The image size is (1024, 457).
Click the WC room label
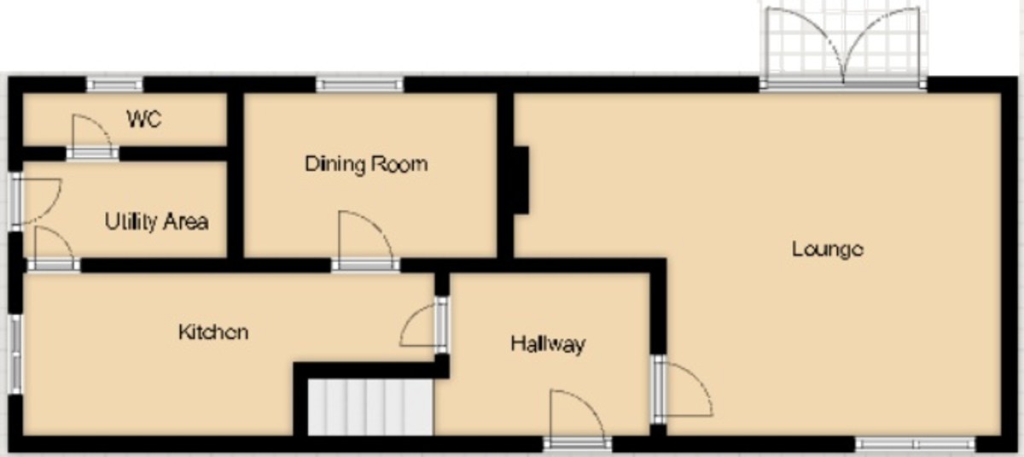[x=144, y=119]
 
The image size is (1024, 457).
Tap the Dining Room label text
[x=366, y=163]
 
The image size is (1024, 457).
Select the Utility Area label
[x=156, y=222]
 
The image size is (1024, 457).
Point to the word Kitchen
[x=213, y=331]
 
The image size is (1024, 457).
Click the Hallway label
[x=548, y=344]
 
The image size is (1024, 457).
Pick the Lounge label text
[x=828, y=249]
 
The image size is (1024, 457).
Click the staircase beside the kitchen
[x=368, y=407]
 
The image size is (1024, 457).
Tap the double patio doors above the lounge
[x=841, y=48]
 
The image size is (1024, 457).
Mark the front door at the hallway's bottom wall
[x=577, y=419]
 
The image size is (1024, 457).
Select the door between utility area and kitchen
[x=54, y=249]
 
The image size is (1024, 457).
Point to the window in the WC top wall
[x=114, y=85]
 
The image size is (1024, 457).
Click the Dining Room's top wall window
[x=359, y=85]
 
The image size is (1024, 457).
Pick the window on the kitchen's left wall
[x=15, y=353]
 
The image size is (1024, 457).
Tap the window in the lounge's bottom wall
[x=916, y=443]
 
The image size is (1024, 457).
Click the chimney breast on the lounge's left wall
[x=521, y=179]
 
